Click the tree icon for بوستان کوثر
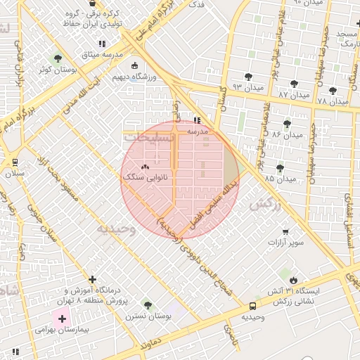coord(58,58)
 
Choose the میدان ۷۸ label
coord(333,101)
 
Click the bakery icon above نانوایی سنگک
coord(146,167)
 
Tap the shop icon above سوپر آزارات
coord(285,231)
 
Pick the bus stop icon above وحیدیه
coord(252,306)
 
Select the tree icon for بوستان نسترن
coord(147,304)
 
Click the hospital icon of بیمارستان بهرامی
coord(61,319)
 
